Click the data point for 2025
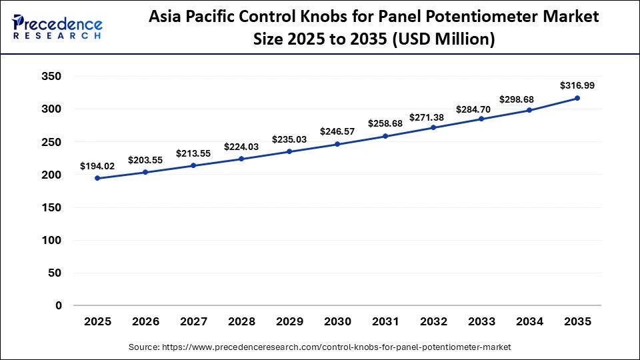[x=97, y=178]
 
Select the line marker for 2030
[x=337, y=144]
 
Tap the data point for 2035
[x=577, y=98]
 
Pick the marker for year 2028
[x=241, y=159]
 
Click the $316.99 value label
[x=577, y=85]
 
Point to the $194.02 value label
[x=97, y=165]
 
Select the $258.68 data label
[x=385, y=124]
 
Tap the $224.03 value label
[x=241, y=147]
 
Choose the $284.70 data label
[x=481, y=109]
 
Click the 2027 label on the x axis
[x=193, y=321]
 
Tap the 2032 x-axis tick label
[x=433, y=321]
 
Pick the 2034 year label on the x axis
[x=529, y=321]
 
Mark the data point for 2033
[x=481, y=119]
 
